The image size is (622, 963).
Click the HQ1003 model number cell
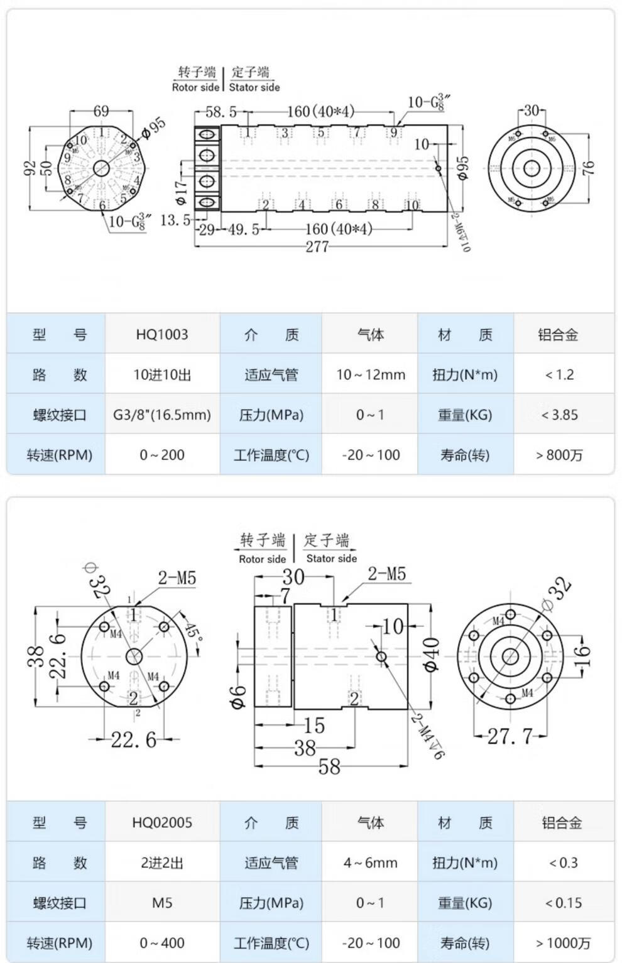coord(162,334)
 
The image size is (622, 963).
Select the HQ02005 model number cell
coord(162,822)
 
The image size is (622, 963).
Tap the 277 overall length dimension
coord(317,246)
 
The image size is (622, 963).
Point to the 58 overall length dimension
coord(329,766)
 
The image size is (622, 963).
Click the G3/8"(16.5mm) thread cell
coord(162,415)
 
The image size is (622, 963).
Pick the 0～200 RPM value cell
coord(162,455)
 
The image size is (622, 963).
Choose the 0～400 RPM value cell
coord(162,943)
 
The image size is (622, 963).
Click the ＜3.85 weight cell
coord(560,415)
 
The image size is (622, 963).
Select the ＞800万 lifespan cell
coord(560,455)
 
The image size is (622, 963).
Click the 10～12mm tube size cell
coord(371,374)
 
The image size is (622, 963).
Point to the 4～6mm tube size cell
coord(371,862)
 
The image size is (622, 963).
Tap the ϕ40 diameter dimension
coord(432,655)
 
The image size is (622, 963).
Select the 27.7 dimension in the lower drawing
coord(510,736)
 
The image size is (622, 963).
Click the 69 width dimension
coord(101,111)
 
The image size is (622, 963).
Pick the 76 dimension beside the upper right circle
coord(588,168)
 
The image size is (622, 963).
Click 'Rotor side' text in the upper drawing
coord(195,87)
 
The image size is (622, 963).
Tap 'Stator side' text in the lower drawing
coord(331,558)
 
